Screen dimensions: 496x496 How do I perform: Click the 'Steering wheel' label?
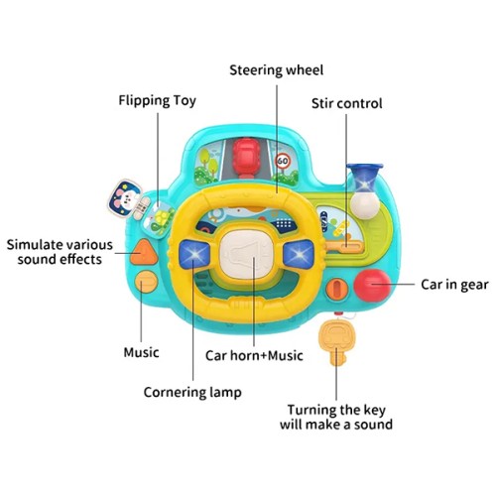pyautogui.click(x=277, y=70)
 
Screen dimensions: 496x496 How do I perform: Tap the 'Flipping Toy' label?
pyautogui.click(x=158, y=100)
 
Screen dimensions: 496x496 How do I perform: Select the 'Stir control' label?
pyautogui.click(x=347, y=103)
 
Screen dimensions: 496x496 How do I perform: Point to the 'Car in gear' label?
pyautogui.click(x=454, y=285)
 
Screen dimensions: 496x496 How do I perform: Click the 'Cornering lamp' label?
pyautogui.click(x=192, y=392)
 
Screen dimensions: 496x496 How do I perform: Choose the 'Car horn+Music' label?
pyautogui.click(x=254, y=355)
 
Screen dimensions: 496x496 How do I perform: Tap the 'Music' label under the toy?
pyautogui.click(x=141, y=352)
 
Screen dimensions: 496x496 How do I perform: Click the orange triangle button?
pyautogui.click(x=144, y=253)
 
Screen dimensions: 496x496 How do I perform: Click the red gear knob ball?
pyautogui.click(x=372, y=286)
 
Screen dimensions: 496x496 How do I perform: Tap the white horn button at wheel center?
pyautogui.click(x=247, y=255)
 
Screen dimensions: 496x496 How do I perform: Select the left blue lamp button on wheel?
pyautogui.click(x=194, y=254)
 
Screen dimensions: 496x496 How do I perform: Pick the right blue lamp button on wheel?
pyautogui.click(x=299, y=255)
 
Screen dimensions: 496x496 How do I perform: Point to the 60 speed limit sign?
pyautogui.click(x=283, y=161)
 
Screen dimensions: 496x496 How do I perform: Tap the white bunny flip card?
pyautogui.click(x=125, y=198)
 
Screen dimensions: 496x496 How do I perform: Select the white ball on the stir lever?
pyautogui.click(x=365, y=205)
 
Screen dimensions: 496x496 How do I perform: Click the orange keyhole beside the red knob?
pyautogui.click(x=337, y=289)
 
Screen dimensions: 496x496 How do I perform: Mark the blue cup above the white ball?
pyautogui.click(x=365, y=177)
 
